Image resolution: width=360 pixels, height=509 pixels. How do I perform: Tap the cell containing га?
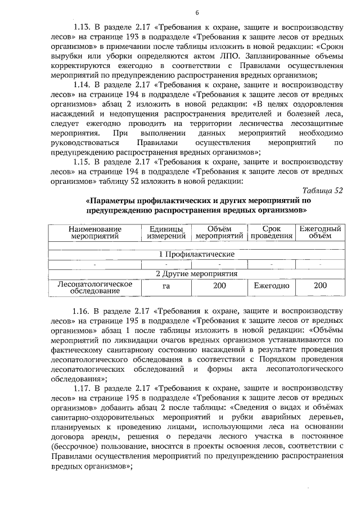(x=166, y=286)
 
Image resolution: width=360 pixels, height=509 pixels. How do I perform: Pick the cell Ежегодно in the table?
(x=272, y=286)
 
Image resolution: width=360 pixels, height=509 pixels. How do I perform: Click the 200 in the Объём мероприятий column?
(x=219, y=286)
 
